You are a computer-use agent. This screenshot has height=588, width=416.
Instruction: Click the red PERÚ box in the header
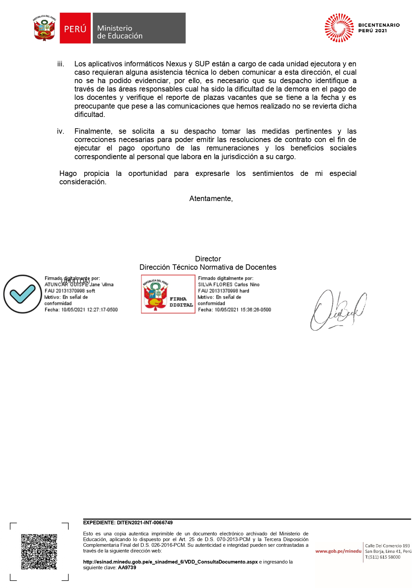pos(75,28)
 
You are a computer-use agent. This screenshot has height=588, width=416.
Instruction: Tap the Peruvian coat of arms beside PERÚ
pos(44,28)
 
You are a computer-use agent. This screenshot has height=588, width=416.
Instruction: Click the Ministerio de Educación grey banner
pos(139,28)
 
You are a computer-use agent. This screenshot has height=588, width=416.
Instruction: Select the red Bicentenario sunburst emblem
pos(339,28)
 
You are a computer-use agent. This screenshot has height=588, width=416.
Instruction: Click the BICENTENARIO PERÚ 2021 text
pos(379,28)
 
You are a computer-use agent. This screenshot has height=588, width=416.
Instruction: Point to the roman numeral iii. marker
pos(61,64)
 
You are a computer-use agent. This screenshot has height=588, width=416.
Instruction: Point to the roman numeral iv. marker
pos(61,131)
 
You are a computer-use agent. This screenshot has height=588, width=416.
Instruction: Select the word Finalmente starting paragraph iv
pos(93,131)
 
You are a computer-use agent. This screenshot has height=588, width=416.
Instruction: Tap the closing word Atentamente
pos(211,199)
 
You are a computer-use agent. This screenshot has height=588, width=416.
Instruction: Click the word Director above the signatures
pos(208,259)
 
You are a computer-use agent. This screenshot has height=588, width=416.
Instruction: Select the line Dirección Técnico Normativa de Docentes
pos(208,267)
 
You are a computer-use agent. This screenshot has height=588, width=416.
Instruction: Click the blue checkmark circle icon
pos(22,294)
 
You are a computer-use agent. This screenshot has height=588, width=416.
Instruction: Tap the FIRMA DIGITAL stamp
pos(168,294)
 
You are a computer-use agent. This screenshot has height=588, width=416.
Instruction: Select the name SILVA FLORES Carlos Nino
pos(229,284)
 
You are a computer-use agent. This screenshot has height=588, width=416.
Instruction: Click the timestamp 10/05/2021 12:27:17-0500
pos(89,310)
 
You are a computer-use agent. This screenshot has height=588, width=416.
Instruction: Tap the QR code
pos(39,551)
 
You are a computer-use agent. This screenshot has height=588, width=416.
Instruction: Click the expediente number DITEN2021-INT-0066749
pos(145,523)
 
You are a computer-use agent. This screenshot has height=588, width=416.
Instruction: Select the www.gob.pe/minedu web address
pos(338,551)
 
